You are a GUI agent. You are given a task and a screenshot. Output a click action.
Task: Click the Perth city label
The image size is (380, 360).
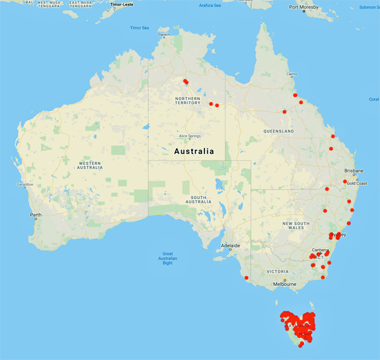(35, 215)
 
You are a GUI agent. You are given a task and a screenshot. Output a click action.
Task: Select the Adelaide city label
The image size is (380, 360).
(230, 245)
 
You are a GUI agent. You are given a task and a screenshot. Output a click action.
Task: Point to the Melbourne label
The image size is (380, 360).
(285, 284)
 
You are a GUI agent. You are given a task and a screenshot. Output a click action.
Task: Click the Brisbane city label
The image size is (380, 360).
(354, 171)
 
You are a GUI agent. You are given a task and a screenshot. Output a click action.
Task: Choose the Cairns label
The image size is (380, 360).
(291, 74)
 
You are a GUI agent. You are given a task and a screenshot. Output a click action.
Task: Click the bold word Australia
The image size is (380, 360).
(194, 151)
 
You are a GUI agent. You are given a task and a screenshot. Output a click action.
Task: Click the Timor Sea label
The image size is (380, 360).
(139, 28)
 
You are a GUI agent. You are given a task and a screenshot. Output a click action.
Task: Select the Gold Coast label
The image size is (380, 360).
(356, 182)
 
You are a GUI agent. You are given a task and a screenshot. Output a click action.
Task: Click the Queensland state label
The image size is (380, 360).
(280, 131)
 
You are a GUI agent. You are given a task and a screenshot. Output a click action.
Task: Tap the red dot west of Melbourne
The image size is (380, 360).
(246, 277)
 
